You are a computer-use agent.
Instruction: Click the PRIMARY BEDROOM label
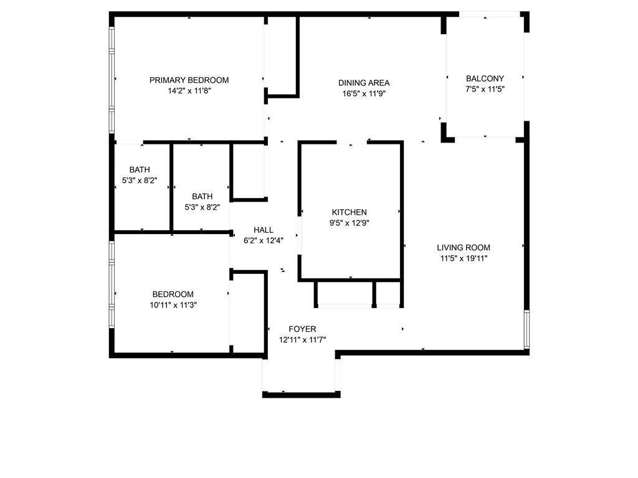pos(189,80)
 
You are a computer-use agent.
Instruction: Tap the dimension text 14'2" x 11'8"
pos(189,91)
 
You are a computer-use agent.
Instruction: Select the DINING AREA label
pos(364,83)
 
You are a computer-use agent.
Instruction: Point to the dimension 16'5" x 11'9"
pos(364,94)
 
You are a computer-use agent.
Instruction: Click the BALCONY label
pos(485,78)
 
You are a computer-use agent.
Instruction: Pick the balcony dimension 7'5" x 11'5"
pos(485,89)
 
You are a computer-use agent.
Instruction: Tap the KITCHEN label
pos(349,212)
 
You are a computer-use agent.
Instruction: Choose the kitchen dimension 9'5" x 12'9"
pos(349,223)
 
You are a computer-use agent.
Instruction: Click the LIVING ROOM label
pos(464,247)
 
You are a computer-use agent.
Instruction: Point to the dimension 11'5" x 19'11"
pos(464,258)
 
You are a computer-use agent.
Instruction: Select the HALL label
pos(263,230)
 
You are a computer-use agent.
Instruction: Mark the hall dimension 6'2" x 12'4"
pos(263,241)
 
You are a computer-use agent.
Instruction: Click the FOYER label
pos(302,329)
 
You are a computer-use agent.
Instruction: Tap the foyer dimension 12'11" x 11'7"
pos(302,340)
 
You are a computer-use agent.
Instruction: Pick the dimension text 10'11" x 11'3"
pos(173,305)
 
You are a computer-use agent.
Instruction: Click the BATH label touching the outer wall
pos(140,170)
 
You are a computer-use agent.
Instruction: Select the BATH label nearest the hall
pos(202,196)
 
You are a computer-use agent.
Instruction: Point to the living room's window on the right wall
pos(526,329)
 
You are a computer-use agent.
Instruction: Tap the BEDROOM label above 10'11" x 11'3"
pos(173,294)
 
